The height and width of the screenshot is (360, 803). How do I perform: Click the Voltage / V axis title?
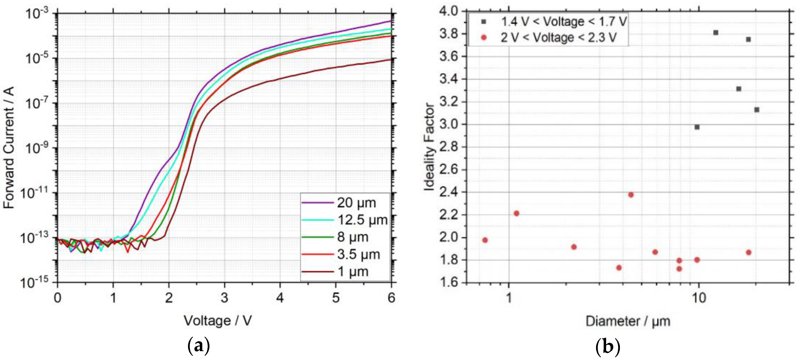pyautogui.click(x=218, y=320)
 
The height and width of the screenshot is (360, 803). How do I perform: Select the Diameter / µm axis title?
pyautogui.click(x=628, y=321)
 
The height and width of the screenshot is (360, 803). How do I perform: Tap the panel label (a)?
pyautogui.click(x=199, y=346)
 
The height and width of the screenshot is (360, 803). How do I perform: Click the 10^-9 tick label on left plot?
pyautogui.click(x=36, y=148)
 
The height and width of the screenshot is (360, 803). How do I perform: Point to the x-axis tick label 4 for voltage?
pyautogui.click(x=280, y=298)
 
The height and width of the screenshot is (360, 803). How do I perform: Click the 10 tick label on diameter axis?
pyautogui.click(x=699, y=298)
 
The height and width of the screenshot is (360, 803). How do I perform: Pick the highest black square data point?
pyautogui.click(x=716, y=33)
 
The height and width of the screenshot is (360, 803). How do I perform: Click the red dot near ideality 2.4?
pyautogui.click(x=631, y=195)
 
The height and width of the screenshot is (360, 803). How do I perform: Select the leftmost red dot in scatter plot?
pyautogui.click(x=485, y=240)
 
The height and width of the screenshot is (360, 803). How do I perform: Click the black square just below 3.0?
pyautogui.click(x=697, y=127)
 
